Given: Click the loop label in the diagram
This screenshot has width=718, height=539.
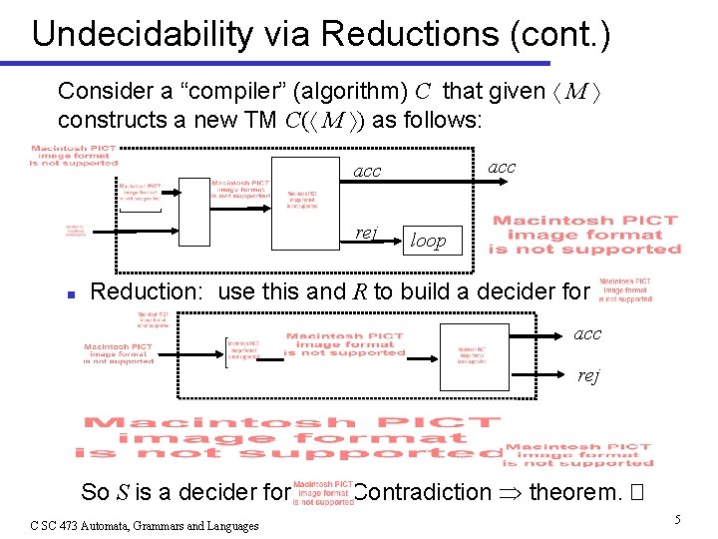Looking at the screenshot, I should click(x=429, y=241).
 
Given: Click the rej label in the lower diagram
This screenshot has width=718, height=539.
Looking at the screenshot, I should click(x=589, y=375).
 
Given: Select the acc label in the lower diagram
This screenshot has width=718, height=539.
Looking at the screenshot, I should click(x=587, y=333).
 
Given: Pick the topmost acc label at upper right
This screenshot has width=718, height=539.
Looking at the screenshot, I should click(x=502, y=167).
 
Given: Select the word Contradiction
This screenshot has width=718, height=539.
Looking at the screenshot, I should click(x=422, y=492).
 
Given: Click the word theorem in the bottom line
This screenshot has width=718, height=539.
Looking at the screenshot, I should click(x=572, y=492).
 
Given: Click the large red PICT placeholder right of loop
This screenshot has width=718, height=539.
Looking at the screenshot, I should click(x=584, y=235).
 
